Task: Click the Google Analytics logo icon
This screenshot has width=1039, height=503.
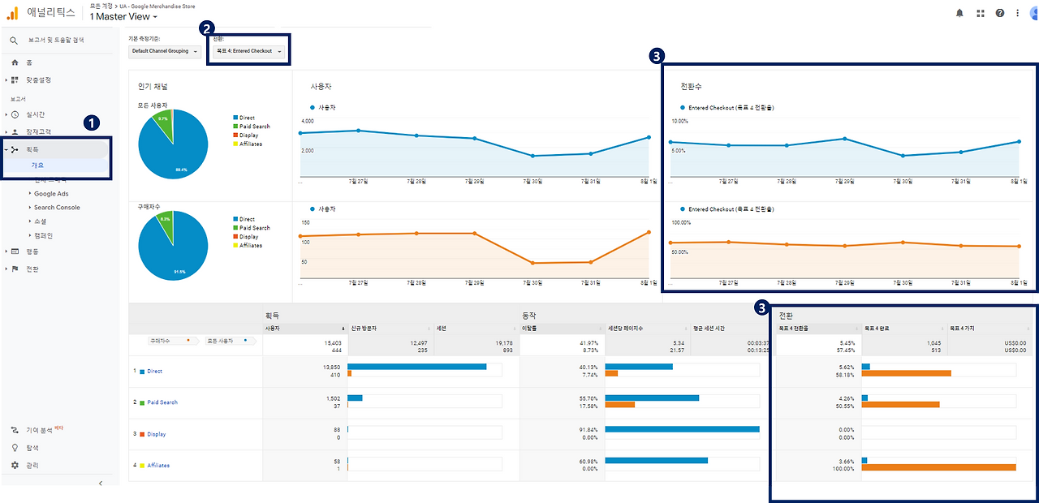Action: [13, 12]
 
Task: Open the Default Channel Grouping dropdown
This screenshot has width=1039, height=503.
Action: [164, 51]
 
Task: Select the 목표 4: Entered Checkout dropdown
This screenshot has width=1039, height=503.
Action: [248, 51]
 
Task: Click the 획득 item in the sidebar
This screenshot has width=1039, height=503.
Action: [32, 150]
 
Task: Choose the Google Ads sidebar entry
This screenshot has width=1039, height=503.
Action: [51, 194]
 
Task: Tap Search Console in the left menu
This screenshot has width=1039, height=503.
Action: [57, 208]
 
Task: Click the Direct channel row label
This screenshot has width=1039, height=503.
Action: [154, 372]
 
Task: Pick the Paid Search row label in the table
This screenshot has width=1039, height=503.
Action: [162, 402]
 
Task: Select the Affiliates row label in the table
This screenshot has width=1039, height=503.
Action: [158, 466]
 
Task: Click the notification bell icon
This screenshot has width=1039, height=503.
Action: [960, 13]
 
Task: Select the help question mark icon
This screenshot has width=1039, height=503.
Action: [999, 13]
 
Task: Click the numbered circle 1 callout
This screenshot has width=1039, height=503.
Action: [92, 123]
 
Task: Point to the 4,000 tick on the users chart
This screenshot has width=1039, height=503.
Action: [307, 121]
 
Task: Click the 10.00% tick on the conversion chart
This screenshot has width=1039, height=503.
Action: [679, 121]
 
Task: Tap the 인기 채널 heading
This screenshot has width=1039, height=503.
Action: [153, 86]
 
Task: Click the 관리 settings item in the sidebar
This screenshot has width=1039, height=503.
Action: [32, 466]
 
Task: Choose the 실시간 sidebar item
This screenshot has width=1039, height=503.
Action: [36, 114]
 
